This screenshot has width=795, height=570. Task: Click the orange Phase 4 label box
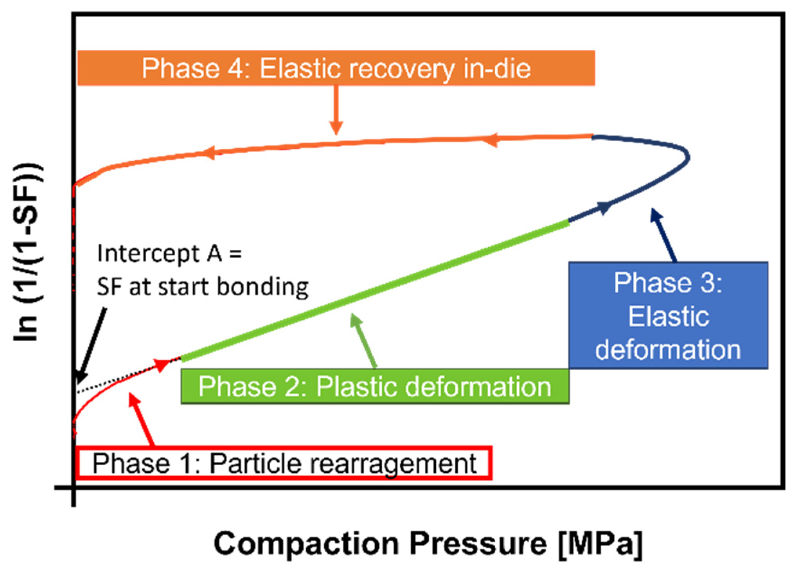(x=336, y=68)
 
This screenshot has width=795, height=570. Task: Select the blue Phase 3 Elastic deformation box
(x=668, y=315)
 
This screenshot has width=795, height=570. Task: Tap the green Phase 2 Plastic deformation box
(x=375, y=386)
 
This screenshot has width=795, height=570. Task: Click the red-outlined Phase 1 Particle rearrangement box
(x=284, y=463)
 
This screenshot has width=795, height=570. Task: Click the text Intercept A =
(x=169, y=253)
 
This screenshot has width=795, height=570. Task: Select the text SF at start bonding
(x=202, y=287)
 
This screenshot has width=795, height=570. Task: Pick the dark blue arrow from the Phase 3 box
(x=664, y=235)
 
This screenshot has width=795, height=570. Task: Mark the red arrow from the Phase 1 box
(x=142, y=420)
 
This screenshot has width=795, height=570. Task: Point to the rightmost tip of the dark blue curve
(x=688, y=158)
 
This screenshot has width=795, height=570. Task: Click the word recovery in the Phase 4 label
(x=400, y=69)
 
